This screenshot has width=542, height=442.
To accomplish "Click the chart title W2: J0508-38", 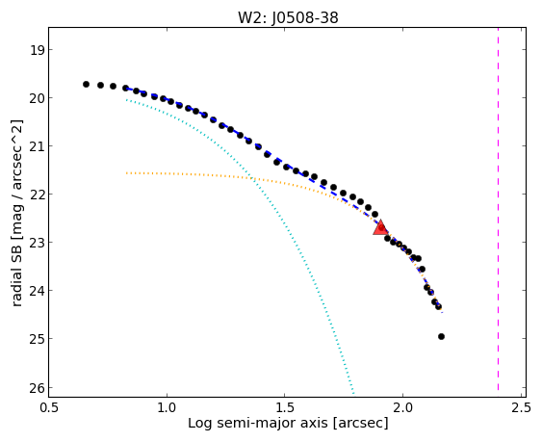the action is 288,17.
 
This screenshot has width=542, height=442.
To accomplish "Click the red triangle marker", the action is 380,227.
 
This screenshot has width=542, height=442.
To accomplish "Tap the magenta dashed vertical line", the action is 498,209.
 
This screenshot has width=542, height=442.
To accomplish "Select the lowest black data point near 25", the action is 441,336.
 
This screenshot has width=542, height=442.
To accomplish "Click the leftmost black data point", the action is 86,84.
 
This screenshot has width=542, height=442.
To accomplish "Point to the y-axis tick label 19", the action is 37,50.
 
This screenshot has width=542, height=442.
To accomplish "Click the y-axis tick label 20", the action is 37,98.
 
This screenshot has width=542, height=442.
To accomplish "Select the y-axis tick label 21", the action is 37,146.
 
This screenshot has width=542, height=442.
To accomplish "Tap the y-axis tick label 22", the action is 37,195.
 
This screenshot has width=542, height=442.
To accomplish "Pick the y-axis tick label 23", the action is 37,243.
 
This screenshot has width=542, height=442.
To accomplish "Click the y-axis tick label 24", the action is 37,291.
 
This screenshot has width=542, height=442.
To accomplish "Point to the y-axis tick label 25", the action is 37,339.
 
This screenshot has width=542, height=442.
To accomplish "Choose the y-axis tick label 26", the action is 37,388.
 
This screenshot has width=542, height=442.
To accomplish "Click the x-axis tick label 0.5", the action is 49,407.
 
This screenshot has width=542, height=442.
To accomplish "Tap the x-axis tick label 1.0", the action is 167,407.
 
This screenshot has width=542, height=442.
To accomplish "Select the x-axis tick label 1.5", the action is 285,407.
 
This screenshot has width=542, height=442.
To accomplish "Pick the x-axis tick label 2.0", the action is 402,407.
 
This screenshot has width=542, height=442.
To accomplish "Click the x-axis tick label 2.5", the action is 521,407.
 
